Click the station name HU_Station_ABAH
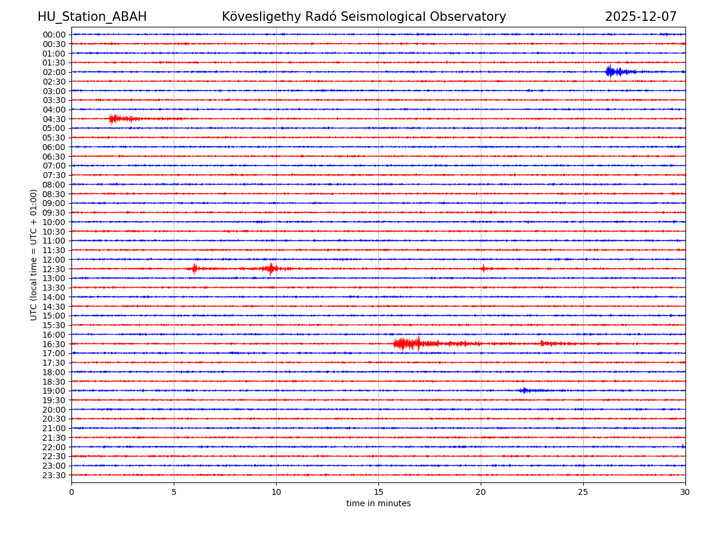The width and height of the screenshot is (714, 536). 92,17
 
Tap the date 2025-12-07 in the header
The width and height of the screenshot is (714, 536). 641,17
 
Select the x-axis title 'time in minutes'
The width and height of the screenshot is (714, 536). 378,503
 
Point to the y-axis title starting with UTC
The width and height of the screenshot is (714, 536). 34,254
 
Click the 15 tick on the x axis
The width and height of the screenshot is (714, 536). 378,492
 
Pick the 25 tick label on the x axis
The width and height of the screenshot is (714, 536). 583,492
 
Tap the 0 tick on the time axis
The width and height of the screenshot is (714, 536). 71,492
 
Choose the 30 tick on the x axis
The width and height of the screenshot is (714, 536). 685,492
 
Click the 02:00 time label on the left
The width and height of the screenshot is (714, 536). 54,72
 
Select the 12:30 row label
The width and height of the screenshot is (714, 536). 54,269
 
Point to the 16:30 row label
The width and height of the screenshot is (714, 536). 54,344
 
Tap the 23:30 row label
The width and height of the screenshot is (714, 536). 54,475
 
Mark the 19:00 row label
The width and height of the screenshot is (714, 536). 54,391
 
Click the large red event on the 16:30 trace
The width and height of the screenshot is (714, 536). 408,344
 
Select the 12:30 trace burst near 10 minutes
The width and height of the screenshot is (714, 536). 271,269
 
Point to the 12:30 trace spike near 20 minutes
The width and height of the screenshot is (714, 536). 483,269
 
